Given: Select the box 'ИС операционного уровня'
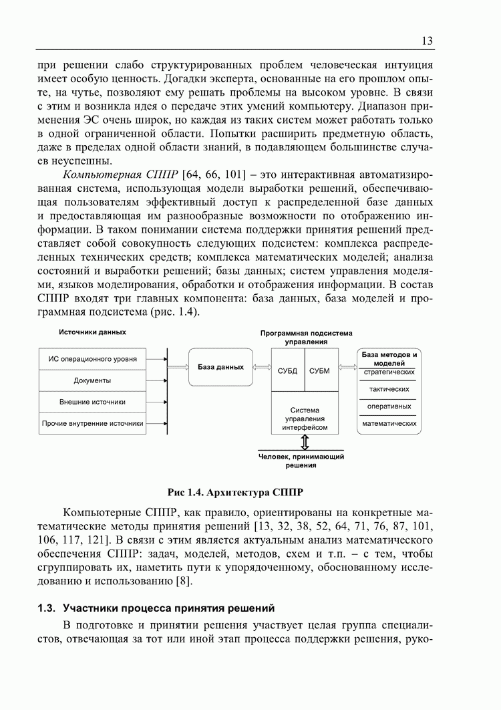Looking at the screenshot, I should coord(93,359).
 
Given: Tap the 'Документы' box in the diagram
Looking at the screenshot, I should coord(93,380).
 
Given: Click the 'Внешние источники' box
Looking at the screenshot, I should coord(93,402).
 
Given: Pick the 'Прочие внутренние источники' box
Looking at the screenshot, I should coord(93,423).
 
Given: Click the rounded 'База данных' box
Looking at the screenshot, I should coord(220,367).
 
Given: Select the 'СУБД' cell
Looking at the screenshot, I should coord(287,370).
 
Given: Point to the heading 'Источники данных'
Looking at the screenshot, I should coord(92,332).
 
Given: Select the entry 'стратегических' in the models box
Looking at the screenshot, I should coord(389,372).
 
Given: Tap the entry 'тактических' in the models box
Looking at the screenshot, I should coord(389,389).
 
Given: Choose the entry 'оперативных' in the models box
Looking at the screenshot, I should coord(389,406).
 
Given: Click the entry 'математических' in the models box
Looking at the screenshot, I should coord(389,424).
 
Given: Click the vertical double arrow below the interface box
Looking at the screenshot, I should coord(305,442).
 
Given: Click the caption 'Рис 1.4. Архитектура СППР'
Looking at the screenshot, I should coord(236,493).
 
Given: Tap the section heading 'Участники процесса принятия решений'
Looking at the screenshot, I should coord(168,608).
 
